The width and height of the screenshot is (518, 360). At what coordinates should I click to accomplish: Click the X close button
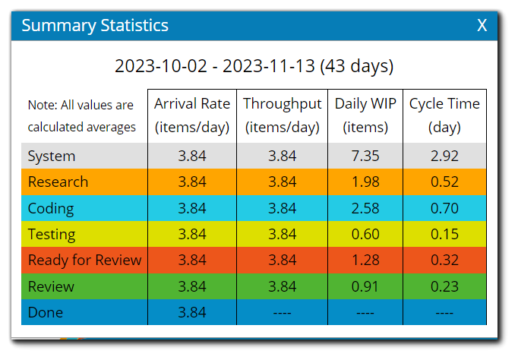482,26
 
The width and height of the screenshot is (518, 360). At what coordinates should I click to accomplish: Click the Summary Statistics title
95,26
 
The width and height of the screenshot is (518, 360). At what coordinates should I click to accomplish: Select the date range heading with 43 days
254,66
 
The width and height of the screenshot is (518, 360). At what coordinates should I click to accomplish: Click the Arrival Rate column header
192,115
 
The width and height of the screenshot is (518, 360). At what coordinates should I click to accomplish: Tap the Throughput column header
282,115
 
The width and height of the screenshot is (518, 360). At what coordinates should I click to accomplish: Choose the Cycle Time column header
444,115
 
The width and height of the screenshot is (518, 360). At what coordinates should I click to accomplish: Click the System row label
52,156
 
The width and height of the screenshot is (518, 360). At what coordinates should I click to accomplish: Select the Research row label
58,182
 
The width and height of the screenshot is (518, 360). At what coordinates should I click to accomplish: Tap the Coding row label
51,208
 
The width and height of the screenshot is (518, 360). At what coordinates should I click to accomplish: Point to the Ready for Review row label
84,261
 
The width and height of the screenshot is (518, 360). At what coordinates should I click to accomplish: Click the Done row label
46,312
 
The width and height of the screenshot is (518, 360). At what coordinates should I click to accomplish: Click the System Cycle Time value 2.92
444,156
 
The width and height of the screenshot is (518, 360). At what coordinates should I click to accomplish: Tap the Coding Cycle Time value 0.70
444,208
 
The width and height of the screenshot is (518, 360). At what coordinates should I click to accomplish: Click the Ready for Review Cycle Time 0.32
444,261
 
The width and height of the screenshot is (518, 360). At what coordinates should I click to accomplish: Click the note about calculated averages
81,116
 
